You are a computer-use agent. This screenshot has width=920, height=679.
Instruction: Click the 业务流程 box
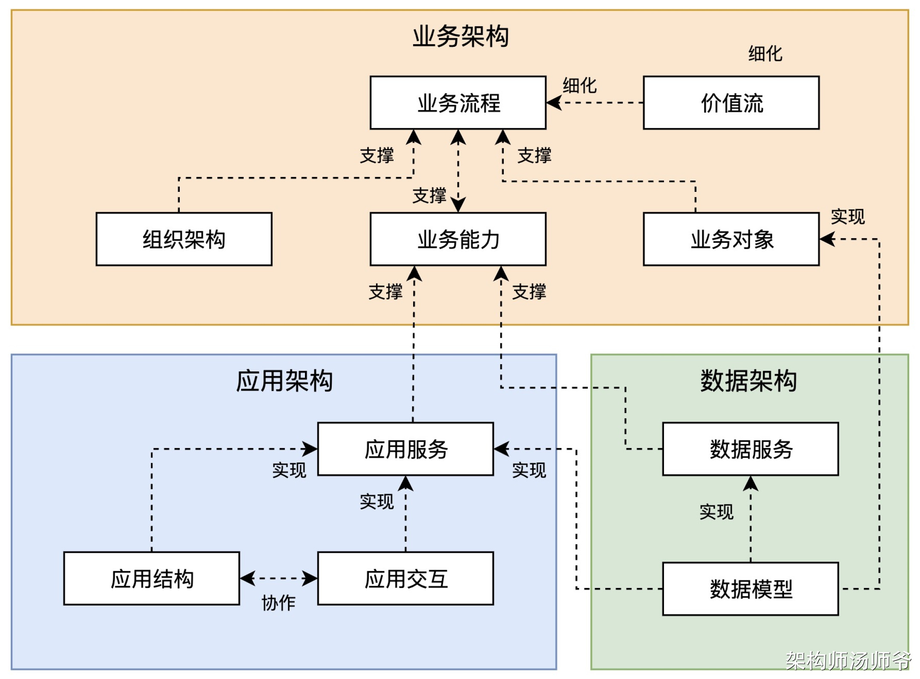tap(458, 103)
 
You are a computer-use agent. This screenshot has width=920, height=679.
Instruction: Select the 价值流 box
tap(731, 103)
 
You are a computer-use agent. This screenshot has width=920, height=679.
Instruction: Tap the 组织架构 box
tap(184, 239)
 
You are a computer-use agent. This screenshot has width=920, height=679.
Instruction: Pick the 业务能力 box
tap(458, 239)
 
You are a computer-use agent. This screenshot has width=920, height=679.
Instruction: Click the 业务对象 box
tap(731, 239)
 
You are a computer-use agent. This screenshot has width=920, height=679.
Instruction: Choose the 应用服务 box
tap(405, 449)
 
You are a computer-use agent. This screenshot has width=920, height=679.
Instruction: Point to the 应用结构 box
tap(152, 579)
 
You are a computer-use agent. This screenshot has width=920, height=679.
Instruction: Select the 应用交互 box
tap(405, 579)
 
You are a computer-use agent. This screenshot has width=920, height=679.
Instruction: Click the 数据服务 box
tap(750, 449)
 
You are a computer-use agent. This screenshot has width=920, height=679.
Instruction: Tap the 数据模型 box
tap(750, 589)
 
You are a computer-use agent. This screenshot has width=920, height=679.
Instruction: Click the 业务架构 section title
tap(460, 36)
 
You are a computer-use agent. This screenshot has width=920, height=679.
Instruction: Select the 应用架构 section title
tap(284, 380)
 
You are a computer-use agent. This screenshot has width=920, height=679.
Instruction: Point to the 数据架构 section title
tap(748, 380)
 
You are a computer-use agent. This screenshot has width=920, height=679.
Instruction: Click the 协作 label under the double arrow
tap(278, 603)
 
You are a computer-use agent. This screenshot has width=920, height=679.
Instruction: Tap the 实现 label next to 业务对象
tap(848, 217)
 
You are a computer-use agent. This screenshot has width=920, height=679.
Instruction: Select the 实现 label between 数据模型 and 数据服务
tap(716, 512)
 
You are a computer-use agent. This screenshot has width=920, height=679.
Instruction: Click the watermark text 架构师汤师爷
tap(848, 661)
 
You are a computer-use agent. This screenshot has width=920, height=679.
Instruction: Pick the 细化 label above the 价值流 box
tap(765, 54)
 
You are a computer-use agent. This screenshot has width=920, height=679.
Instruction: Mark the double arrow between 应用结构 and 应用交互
tap(279, 579)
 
